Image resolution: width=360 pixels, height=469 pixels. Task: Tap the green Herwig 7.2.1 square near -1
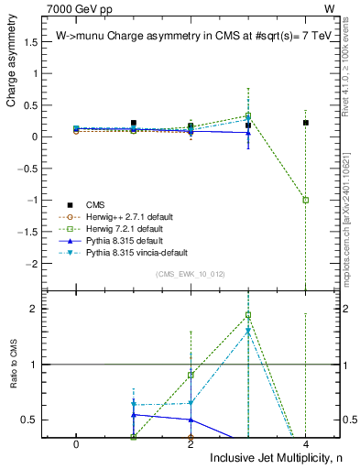point(305,200)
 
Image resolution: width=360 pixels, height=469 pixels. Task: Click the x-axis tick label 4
point(305,442)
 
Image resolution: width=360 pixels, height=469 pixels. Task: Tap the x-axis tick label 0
point(76,442)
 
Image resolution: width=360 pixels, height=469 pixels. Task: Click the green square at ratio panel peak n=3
point(247,315)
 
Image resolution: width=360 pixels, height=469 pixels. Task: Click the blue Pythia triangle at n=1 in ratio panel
point(134,415)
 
